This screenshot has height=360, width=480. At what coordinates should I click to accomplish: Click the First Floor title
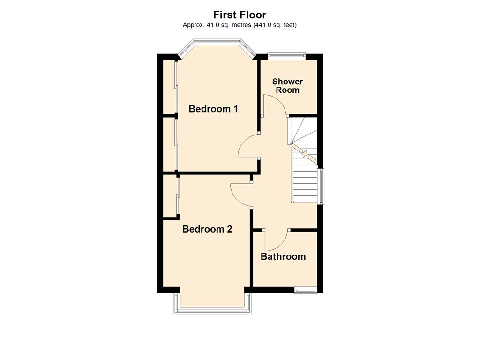click(240, 15)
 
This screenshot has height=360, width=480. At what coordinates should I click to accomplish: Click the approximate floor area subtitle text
click(240, 25)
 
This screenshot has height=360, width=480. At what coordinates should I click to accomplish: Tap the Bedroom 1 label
click(213, 109)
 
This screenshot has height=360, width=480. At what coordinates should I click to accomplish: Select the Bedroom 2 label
click(207, 229)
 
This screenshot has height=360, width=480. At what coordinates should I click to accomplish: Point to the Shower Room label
click(287, 86)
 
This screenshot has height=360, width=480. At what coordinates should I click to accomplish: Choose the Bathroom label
click(283, 256)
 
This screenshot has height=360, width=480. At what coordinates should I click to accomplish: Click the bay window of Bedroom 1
click(217, 42)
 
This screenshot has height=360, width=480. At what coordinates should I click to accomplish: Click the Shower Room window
click(286, 56)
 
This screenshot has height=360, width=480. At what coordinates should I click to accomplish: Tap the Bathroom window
click(306, 290)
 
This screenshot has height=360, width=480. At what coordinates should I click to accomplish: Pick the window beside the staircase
click(321, 187)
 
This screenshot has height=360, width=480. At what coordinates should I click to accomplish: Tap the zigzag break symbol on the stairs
click(305, 154)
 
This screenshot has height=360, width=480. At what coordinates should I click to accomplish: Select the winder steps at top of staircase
click(304, 131)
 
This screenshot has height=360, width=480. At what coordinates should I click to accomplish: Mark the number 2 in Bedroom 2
click(229, 229)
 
